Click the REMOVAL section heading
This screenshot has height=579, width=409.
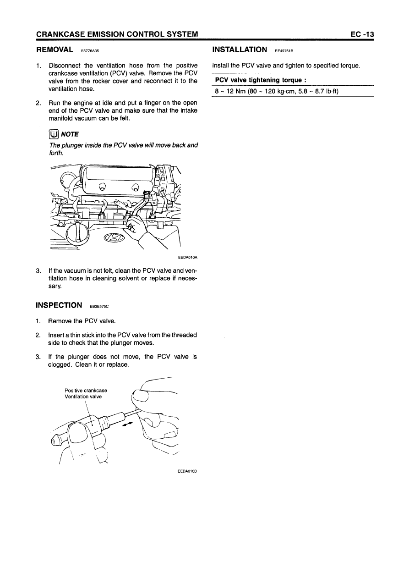(55, 49)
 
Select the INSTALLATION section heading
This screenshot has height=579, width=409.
(240, 49)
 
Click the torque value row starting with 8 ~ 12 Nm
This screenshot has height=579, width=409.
(277, 91)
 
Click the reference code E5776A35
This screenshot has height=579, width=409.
(90, 50)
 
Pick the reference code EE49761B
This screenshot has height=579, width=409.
(284, 50)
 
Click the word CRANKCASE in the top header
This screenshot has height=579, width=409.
(60, 34)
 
